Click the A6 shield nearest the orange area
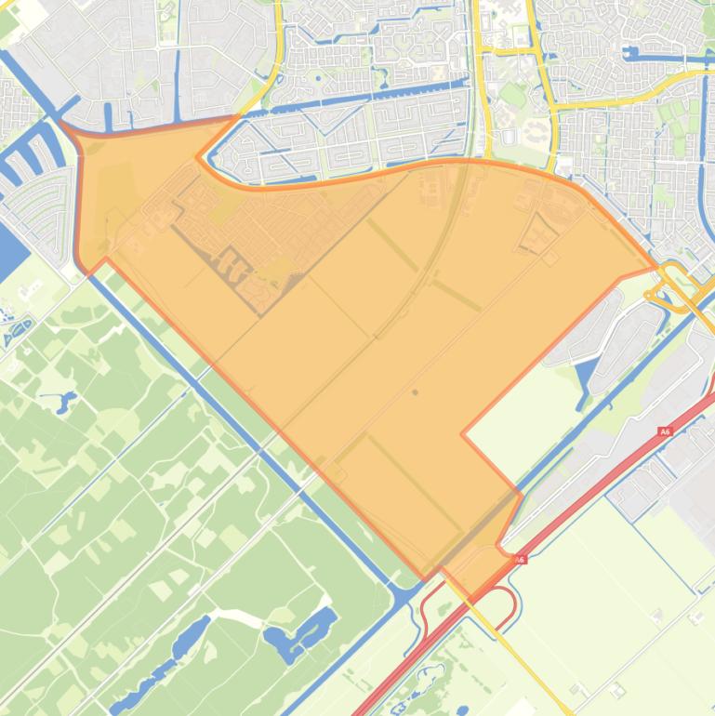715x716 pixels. pyautogui.click(x=520, y=559)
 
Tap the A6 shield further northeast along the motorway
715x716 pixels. pyautogui.click(x=664, y=431)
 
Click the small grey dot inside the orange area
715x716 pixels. pyautogui.click(x=415, y=392)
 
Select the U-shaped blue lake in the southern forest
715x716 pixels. pyautogui.click(x=302, y=632)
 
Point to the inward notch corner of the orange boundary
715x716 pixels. pyautogui.click(x=463, y=433)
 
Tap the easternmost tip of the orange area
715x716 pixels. pyautogui.click(x=656, y=269)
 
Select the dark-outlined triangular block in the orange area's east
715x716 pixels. pyautogui.click(x=538, y=234)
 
